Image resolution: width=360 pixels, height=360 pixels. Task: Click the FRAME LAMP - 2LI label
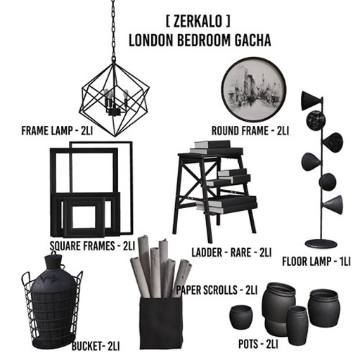(57, 130)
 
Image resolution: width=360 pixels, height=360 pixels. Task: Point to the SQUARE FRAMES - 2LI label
(92, 246)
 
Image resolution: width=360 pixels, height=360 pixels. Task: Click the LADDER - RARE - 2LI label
(231, 251)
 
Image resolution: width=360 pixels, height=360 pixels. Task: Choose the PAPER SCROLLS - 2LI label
(217, 289)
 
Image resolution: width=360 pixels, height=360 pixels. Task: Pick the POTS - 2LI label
(257, 344)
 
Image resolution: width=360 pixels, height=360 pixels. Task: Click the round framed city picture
(253, 90)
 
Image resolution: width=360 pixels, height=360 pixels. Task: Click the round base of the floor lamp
(321, 243)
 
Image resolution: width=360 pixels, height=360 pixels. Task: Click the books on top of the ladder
(211, 146)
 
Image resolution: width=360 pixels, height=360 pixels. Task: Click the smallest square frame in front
(84, 215)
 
